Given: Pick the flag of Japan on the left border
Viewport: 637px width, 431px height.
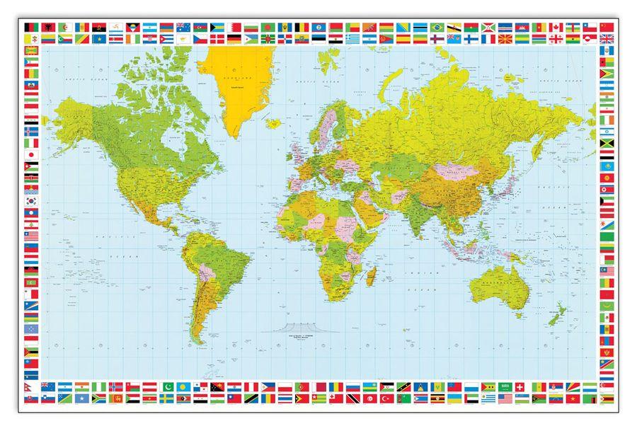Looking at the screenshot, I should (31, 154).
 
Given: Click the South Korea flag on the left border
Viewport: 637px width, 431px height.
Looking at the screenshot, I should (31, 201).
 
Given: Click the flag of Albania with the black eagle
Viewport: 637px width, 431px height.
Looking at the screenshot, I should (47, 27).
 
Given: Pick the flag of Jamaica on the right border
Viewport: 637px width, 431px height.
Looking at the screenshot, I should (607, 143).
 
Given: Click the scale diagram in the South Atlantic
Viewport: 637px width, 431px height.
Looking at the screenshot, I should (290, 326).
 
